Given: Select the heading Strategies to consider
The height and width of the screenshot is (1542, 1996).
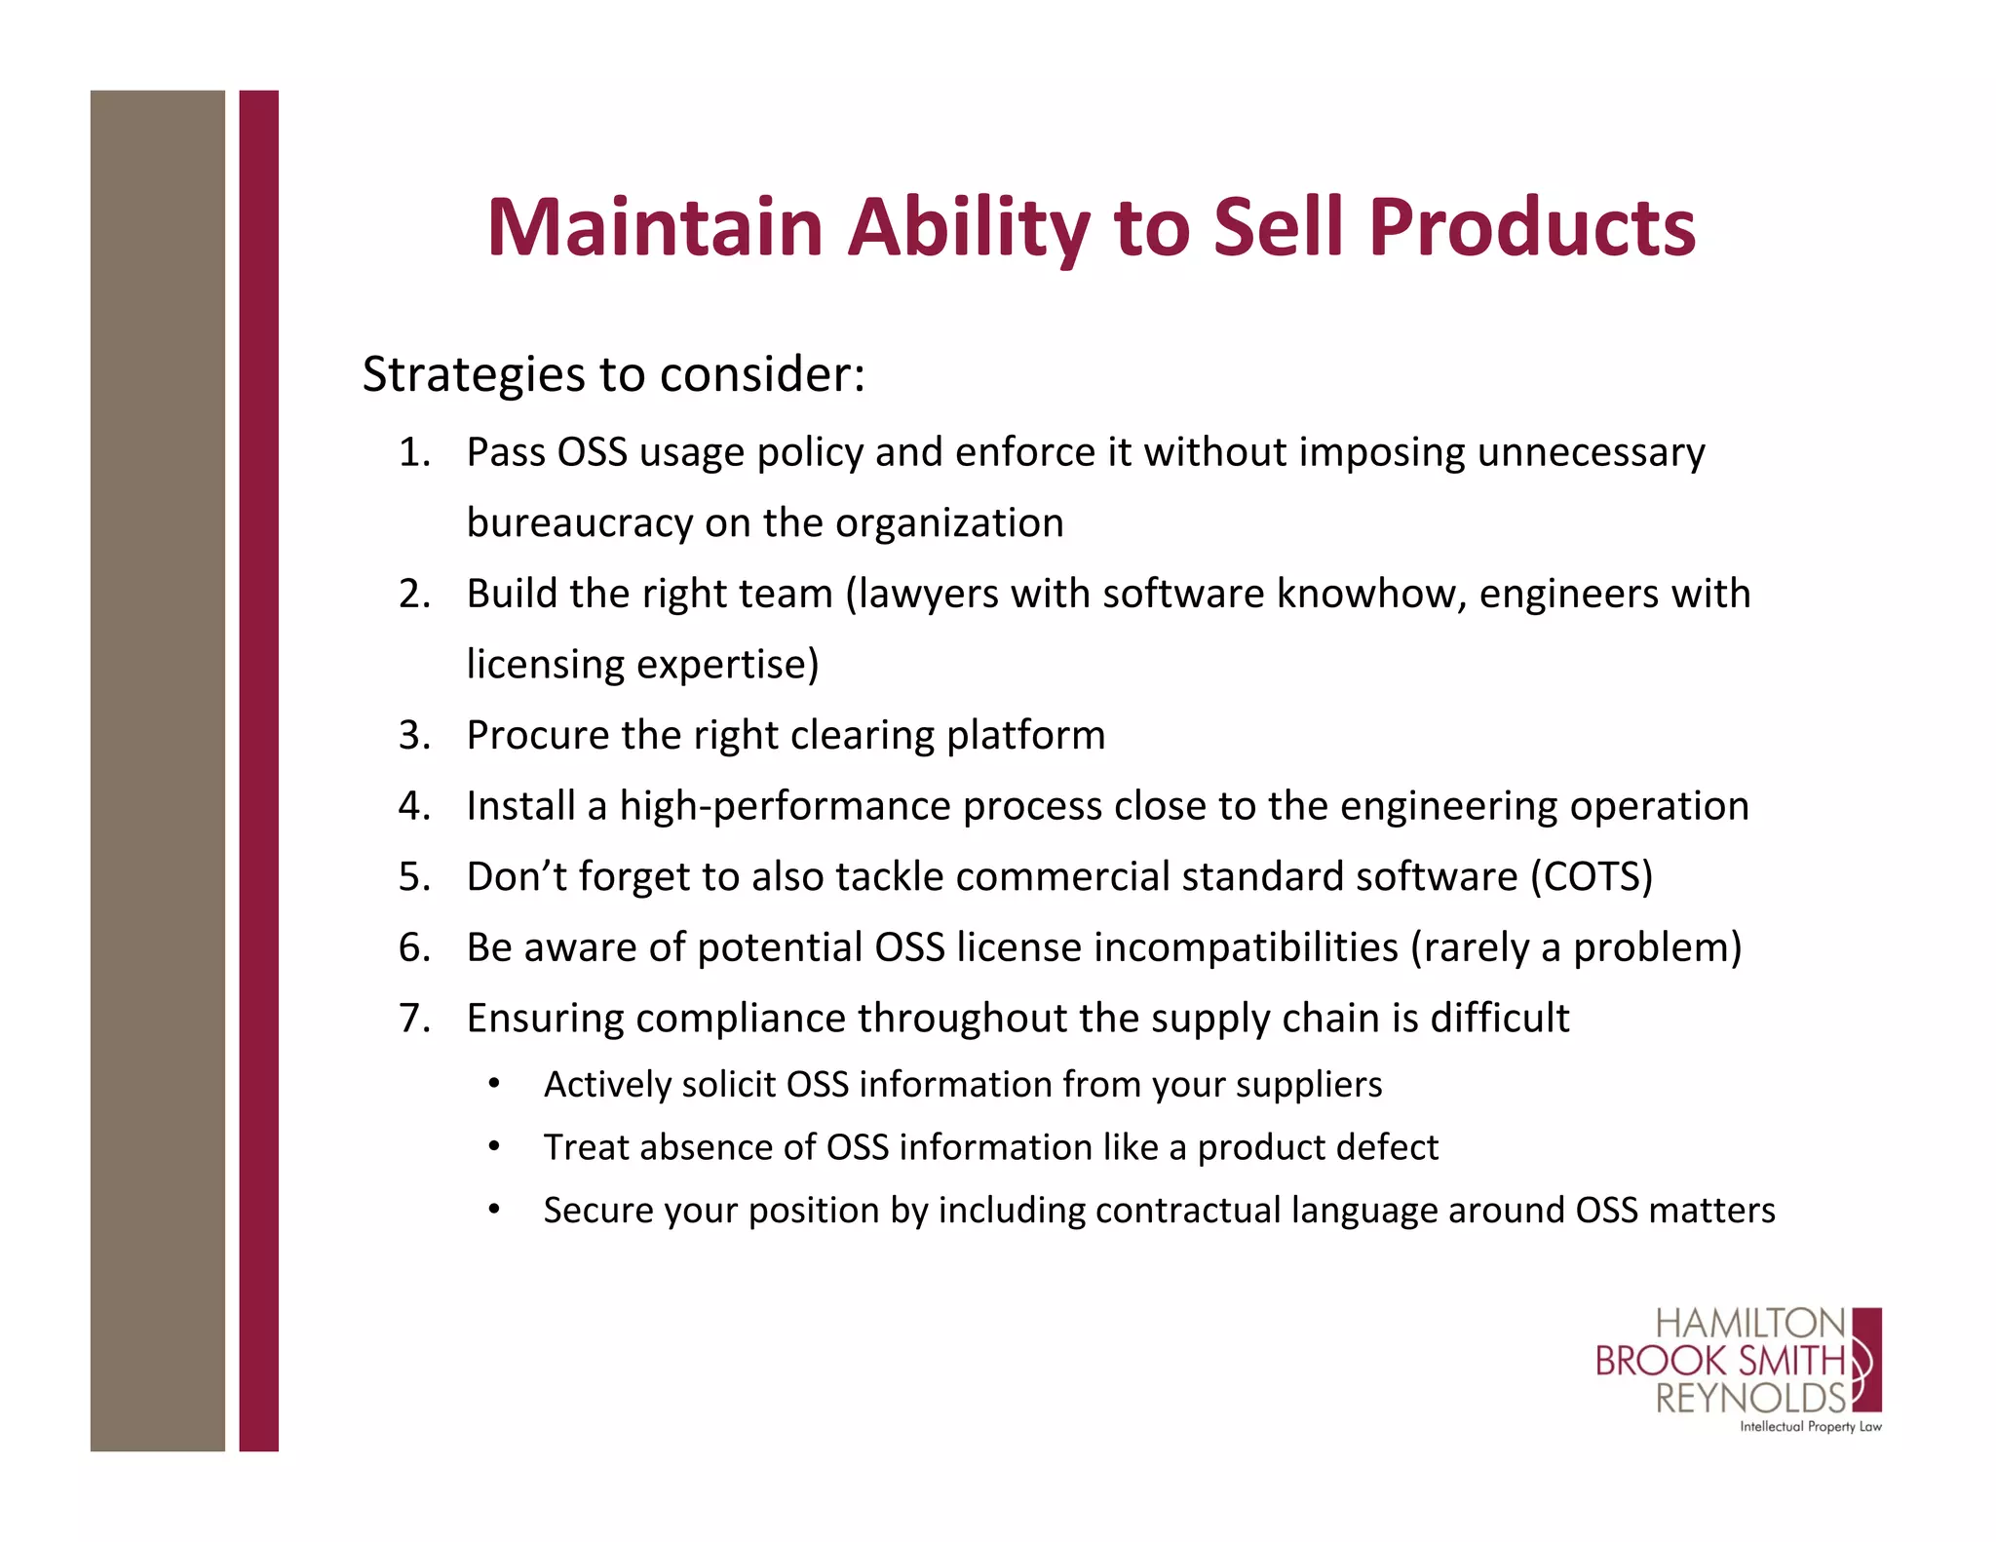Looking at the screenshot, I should coord(613,374).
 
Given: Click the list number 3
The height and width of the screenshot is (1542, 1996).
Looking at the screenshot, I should coord(413,735).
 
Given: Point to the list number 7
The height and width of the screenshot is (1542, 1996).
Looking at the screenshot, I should coord(413,1018).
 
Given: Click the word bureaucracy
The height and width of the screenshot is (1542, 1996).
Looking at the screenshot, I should coord(579,523).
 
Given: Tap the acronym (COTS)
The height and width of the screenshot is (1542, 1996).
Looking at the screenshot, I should coord(1591,876).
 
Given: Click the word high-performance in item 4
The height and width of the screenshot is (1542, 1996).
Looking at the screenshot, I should coord(785,806).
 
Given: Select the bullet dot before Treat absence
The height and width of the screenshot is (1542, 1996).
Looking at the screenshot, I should coord(495,1147).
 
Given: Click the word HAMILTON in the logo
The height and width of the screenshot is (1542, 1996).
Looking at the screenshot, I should coord(1749,1324).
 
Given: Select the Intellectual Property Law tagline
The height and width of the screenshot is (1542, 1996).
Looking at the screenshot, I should coord(1810,1427).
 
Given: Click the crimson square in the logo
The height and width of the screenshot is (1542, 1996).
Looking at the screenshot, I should coord(1866,1360).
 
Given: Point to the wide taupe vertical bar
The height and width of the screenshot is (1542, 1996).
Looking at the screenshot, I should coord(157,770).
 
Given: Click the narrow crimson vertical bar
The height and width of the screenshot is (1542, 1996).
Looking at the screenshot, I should coord(258,770).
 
